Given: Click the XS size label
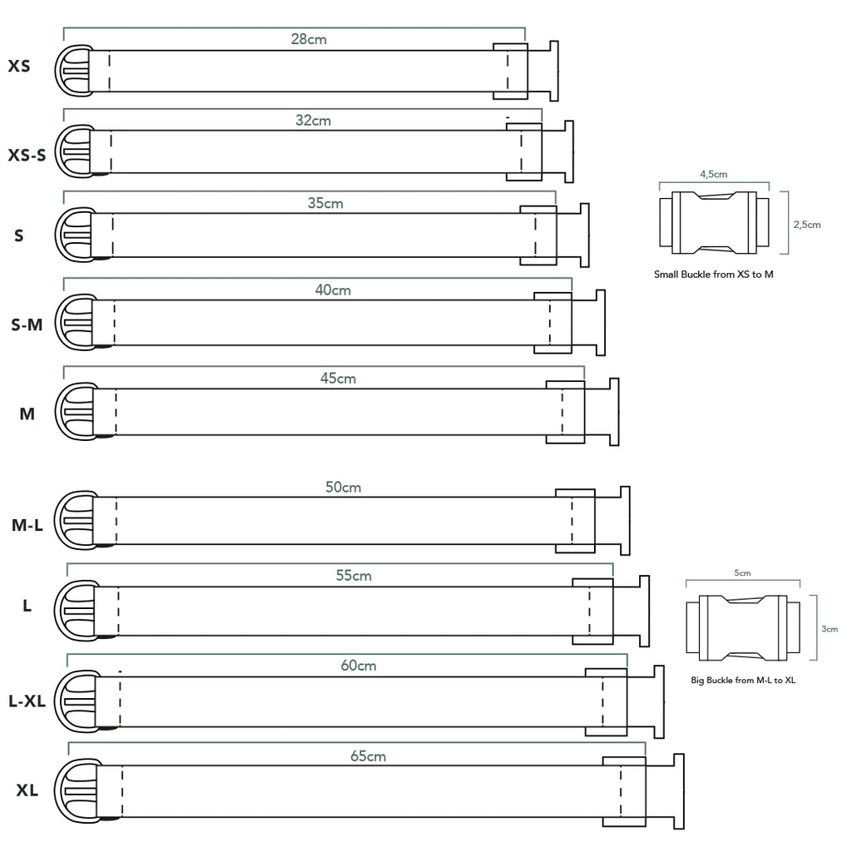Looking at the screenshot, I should (x=19, y=65).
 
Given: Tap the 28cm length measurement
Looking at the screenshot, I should (x=309, y=39).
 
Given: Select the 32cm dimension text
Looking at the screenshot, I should (x=313, y=121).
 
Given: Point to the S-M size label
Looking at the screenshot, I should (x=27, y=325).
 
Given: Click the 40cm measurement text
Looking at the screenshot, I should (x=333, y=290).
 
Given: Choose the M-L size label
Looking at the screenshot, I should (x=27, y=525).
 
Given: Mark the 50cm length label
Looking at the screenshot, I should (x=343, y=488).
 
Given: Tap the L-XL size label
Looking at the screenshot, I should (x=27, y=701).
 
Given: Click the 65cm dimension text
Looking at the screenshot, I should (x=368, y=756).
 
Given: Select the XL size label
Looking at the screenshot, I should (x=27, y=790).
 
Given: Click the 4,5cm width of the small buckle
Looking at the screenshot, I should (x=714, y=175).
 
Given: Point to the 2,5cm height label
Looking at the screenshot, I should (x=806, y=225).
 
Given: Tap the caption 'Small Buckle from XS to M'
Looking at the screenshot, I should (x=714, y=274).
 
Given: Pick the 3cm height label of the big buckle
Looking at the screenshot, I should (x=830, y=629).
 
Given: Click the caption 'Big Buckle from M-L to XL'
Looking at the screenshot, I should (x=743, y=680).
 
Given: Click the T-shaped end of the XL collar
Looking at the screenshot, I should (x=677, y=791).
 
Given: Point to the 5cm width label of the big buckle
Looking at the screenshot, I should (x=743, y=573).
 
